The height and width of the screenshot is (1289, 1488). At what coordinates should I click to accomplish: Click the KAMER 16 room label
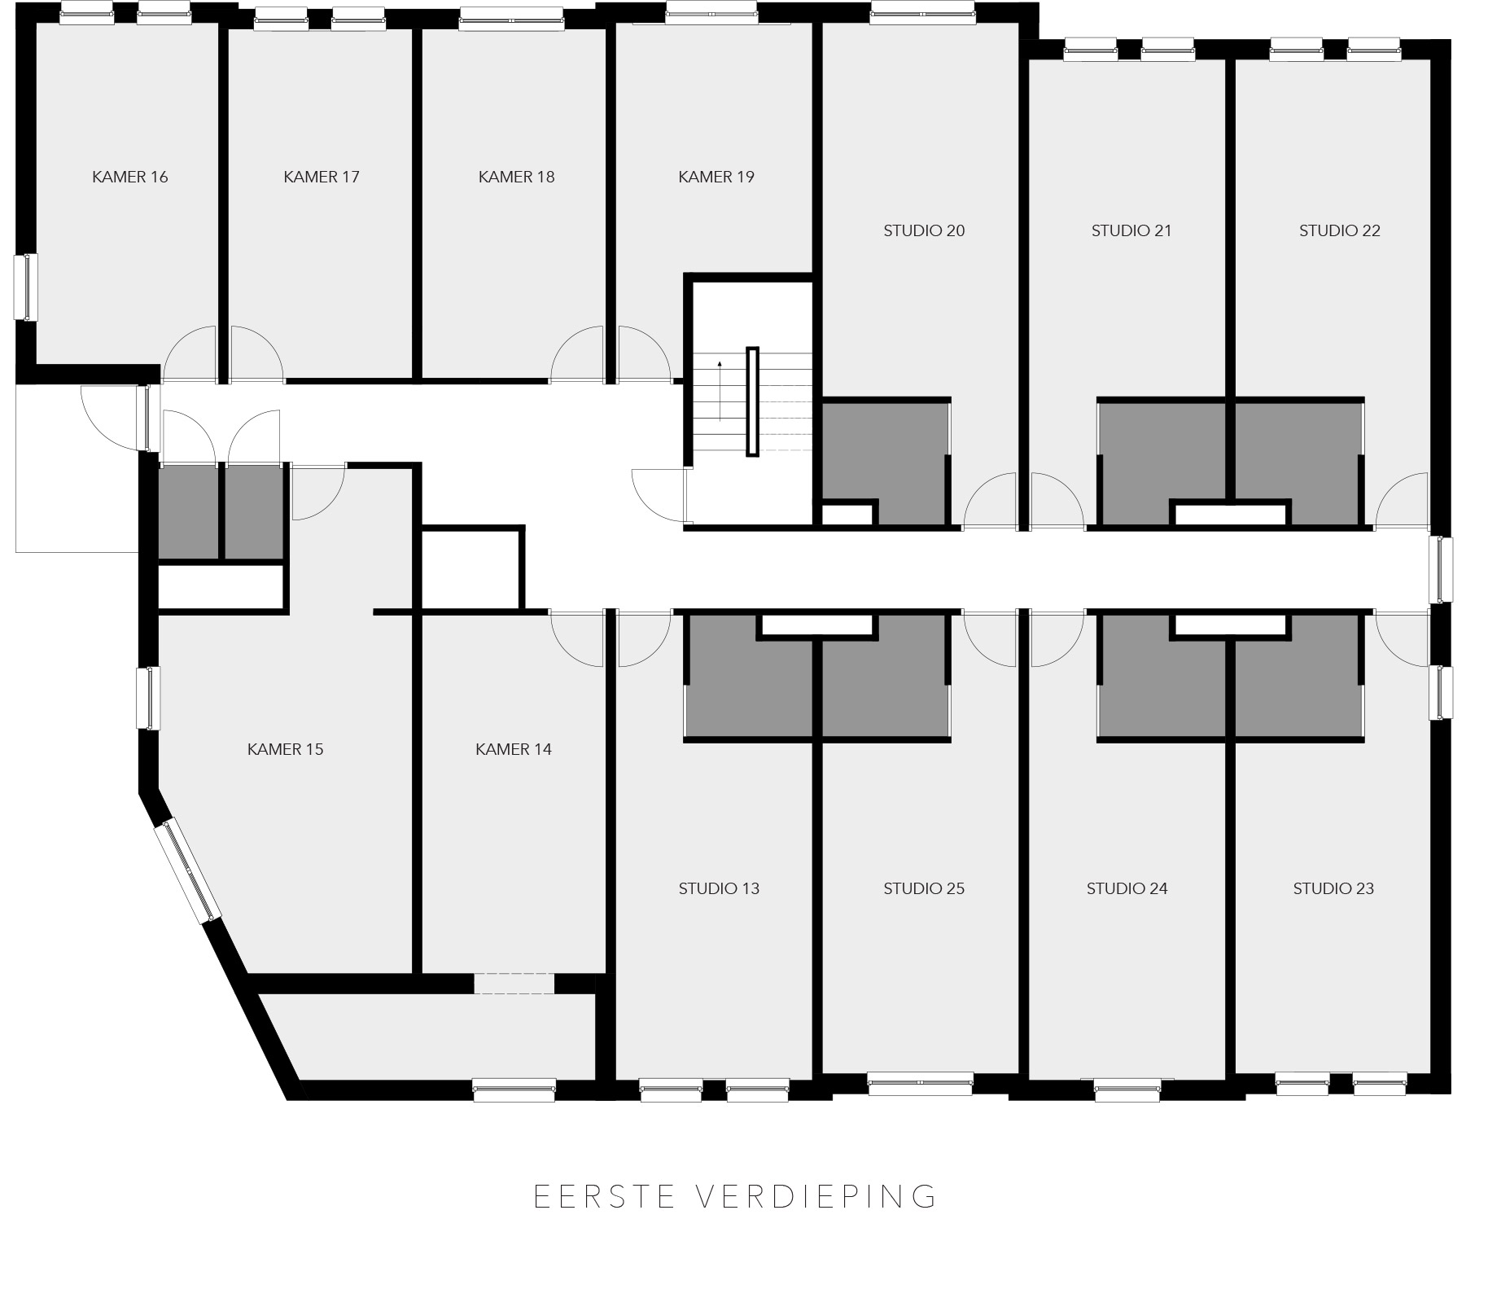coord(130,177)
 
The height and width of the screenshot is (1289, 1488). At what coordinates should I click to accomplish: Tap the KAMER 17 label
coord(322,177)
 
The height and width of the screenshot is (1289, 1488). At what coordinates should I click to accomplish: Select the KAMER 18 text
coord(516,177)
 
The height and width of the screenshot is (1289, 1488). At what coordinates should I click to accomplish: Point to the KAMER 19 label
coord(716,177)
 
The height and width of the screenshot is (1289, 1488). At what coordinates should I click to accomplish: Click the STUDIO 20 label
coord(924,230)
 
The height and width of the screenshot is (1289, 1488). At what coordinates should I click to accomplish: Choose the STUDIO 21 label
coord(1131,230)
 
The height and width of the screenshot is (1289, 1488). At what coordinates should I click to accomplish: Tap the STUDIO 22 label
coord(1340,230)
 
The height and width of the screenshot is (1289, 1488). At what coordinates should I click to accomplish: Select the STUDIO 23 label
coord(1333,888)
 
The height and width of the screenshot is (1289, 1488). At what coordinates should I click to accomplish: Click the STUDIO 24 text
coord(1127,888)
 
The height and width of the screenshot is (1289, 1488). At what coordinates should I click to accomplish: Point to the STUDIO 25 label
coord(924,888)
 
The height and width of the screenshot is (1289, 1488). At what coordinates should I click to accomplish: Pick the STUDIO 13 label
coord(719,888)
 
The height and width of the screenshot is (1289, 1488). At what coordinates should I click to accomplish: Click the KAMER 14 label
coord(514,749)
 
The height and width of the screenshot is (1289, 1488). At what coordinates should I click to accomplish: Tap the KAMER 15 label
coord(285,749)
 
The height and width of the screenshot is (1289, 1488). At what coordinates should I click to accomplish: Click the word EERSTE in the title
coord(605,1196)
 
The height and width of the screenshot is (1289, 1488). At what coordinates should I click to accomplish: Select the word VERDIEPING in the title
coord(816,1196)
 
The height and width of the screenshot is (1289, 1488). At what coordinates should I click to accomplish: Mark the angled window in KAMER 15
coord(190,870)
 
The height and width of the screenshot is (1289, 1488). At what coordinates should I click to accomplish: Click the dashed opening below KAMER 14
coord(514,984)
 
